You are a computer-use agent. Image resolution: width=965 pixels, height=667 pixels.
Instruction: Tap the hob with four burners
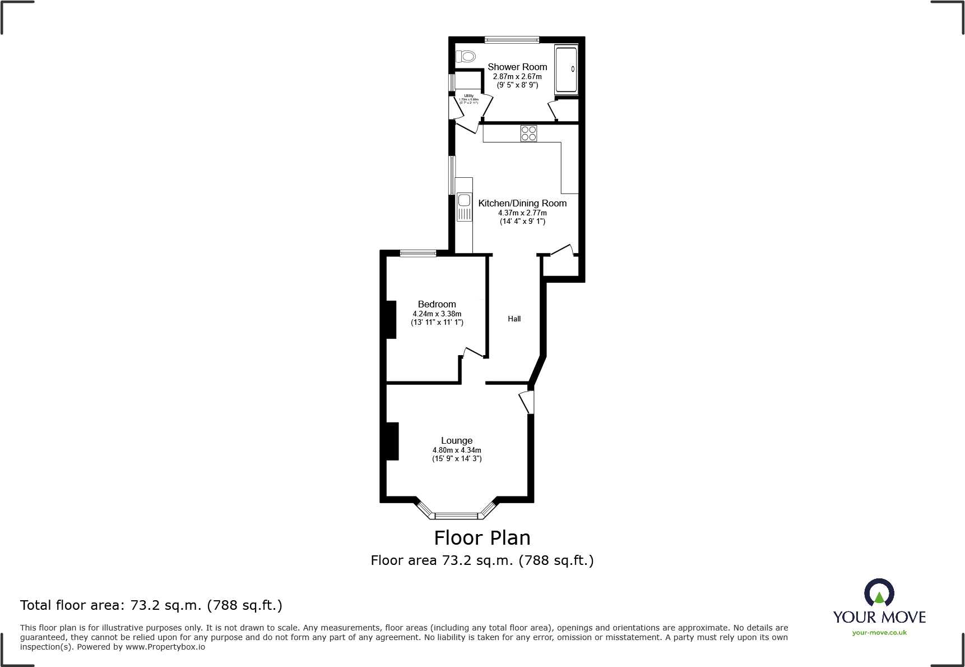pyautogui.click(x=528, y=133)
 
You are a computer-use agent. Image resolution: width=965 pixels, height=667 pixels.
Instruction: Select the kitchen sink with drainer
pyautogui.click(x=464, y=206)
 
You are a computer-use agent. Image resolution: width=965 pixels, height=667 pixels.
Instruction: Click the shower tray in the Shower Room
pyautogui.click(x=565, y=70)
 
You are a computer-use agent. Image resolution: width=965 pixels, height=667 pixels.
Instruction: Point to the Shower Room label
pyautogui.click(x=517, y=67)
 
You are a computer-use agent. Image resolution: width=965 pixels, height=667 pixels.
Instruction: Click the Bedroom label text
pyautogui.click(x=437, y=304)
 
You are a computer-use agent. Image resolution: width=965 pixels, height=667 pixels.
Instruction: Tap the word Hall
pyautogui.click(x=514, y=319)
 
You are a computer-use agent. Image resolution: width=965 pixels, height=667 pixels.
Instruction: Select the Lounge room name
pyautogui.click(x=456, y=440)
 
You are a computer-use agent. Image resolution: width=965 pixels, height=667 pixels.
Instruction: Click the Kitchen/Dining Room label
pyautogui.click(x=522, y=203)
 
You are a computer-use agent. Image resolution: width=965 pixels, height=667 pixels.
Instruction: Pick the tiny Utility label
pyautogui.click(x=468, y=96)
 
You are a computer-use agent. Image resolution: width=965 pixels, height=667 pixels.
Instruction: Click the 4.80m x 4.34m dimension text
pyautogui.click(x=456, y=450)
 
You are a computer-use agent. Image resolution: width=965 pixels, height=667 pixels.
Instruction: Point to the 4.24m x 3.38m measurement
pyautogui.click(x=437, y=314)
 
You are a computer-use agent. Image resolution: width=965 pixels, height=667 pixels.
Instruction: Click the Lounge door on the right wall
pyautogui.click(x=527, y=402)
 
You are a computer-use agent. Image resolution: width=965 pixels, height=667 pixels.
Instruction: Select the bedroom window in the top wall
pyautogui.click(x=417, y=254)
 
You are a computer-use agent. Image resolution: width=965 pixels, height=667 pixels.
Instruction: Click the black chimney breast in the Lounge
pyautogui.click(x=392, y=441)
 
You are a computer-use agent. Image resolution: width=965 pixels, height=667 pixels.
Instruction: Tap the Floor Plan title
pyautogui.click(x=482, y=537)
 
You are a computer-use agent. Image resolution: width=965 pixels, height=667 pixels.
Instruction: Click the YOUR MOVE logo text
pyautogui.click(x=879, y=617)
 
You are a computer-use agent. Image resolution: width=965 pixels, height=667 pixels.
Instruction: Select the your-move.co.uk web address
pyautogui.click(x=879, y=633)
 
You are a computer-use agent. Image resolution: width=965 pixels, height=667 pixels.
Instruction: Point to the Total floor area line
pyautogui.click(x=151, y=605)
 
